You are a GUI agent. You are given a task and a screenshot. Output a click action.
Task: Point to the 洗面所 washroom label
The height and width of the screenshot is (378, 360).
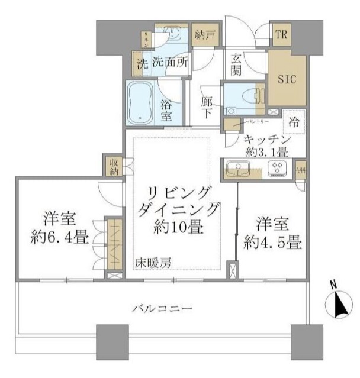tap(170, 61)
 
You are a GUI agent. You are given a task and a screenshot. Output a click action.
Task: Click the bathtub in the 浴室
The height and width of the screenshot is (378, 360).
tap(141, 103)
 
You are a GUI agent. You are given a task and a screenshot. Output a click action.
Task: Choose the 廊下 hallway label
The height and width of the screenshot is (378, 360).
tap(207, 107)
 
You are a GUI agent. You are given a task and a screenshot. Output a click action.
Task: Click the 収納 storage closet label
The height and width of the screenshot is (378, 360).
tap(112, 166)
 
